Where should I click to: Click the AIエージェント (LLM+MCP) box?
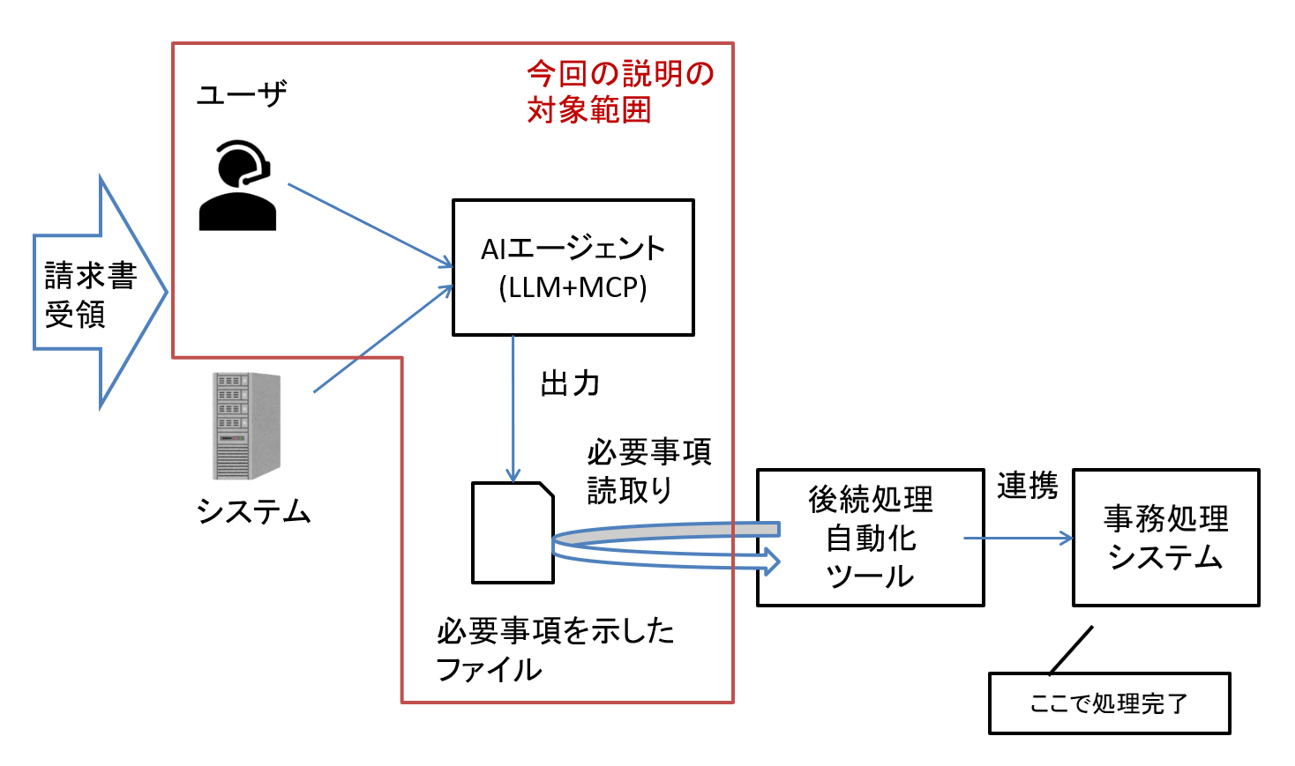click(573, 267)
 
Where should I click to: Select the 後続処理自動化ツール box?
click(870, 537)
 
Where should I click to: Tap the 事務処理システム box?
click(1165, 537)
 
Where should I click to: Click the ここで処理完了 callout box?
click(1109, 703)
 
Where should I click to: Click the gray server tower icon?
click(246, 426)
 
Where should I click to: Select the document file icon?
click(513, 532)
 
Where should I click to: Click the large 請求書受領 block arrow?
click(93, 293)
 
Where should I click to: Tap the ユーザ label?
click(242, 94)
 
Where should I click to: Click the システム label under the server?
click(253, 511)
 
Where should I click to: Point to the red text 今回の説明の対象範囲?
click(619, 92)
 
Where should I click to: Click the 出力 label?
click(570, 384)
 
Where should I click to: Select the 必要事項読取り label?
click(648, 471)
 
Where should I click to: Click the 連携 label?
click(1027, 486)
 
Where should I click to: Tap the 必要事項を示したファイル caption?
click(555, 650)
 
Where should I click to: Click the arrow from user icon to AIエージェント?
click(371, 226)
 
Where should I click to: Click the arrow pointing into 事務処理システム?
click(1018, 538)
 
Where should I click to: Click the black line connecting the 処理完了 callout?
click(1071, 650)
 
